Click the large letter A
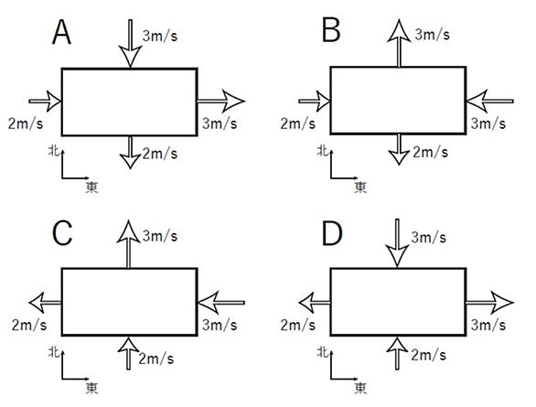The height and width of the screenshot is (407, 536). [x=62, y=32]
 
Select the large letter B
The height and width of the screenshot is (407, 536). [x=331, y=30]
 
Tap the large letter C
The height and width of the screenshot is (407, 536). [x=62, y=233]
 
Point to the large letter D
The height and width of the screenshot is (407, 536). [x=332, y=233]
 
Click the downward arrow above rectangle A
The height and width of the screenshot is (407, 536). [x=130, y=43]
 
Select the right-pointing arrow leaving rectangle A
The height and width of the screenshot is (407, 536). [x=220, y=101]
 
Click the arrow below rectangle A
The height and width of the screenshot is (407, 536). [x=130, y=153]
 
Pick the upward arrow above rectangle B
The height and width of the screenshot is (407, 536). [x=399, y=43]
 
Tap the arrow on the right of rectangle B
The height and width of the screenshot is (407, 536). [x=489, y=102]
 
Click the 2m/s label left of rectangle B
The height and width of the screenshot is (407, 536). [x=298, y=123]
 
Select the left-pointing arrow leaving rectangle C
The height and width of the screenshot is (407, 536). [x=46, y=303]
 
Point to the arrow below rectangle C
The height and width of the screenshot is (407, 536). [x=129, y=353]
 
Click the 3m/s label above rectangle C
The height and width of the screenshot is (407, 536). [x=160, y=236]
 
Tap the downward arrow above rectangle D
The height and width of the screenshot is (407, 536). [x=397, y=243]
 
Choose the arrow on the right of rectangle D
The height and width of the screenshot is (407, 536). [x=489, y=303]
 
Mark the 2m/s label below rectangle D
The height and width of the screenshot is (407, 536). [x=429, y=356]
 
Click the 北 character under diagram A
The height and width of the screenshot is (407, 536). [x=54, y=150]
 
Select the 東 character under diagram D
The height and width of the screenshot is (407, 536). [x=360, y=388]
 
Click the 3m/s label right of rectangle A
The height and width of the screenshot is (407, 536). [x=220, y=123]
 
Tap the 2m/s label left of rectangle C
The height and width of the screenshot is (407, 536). [x=29, y=325]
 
